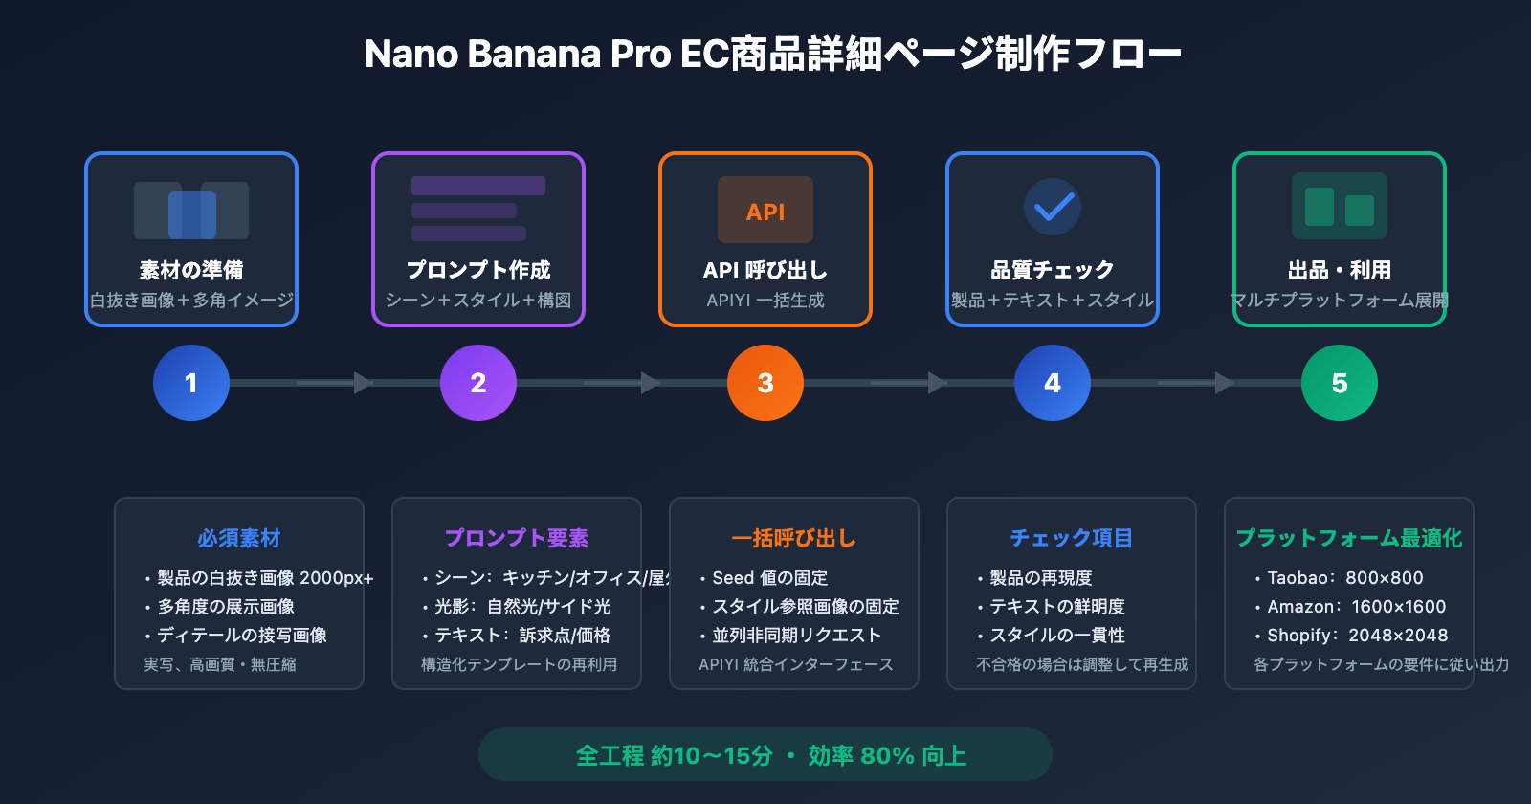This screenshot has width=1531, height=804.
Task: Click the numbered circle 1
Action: [191, 383]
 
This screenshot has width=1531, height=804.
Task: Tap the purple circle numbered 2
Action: [478, 383]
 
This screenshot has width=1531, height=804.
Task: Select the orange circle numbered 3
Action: [765, 383]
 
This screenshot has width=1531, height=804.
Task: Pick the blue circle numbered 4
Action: [1053, 383]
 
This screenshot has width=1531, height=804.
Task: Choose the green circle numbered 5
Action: [1340, 383]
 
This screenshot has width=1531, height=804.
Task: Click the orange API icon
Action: [765, 210]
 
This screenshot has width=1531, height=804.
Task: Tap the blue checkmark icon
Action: [1053, 207]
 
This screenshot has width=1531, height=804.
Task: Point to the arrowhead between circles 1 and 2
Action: [363, 383]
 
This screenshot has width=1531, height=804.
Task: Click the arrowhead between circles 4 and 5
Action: [1224, 383]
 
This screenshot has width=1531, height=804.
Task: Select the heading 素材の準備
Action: [191, 270]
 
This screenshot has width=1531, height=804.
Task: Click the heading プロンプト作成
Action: [478, 270]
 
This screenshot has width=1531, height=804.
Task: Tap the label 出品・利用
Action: [1340, 270]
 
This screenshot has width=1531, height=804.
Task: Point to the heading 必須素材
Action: [239, 538]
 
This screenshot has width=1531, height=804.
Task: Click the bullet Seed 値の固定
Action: [769, 578]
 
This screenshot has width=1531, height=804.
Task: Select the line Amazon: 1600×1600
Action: [1356, 607]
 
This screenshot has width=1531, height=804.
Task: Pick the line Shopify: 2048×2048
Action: [1357, 636]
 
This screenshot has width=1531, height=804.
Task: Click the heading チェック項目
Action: [1072, 538]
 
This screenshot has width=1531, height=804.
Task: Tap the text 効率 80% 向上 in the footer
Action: [887, 756]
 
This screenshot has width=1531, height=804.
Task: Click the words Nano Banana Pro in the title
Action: [518, 55]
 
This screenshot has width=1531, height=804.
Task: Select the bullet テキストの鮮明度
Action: [1056, 607]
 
